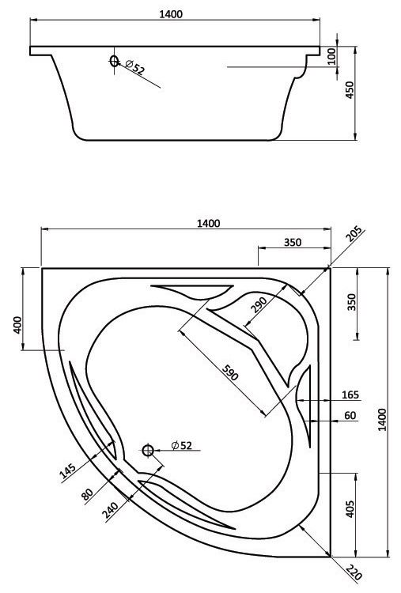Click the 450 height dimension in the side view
(x=350, y=90)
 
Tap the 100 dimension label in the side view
(x=331, y=56)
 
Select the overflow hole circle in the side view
(x=114, y=61)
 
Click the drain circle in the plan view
(x=148, y=451)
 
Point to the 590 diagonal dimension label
(x=230, y=372)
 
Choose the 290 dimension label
(x=259, y=305)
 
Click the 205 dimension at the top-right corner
(x=354, y=233)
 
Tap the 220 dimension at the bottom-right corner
(x=354, y=573)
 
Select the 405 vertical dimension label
(x=350, y=509)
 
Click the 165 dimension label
(x=350, y=395)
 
